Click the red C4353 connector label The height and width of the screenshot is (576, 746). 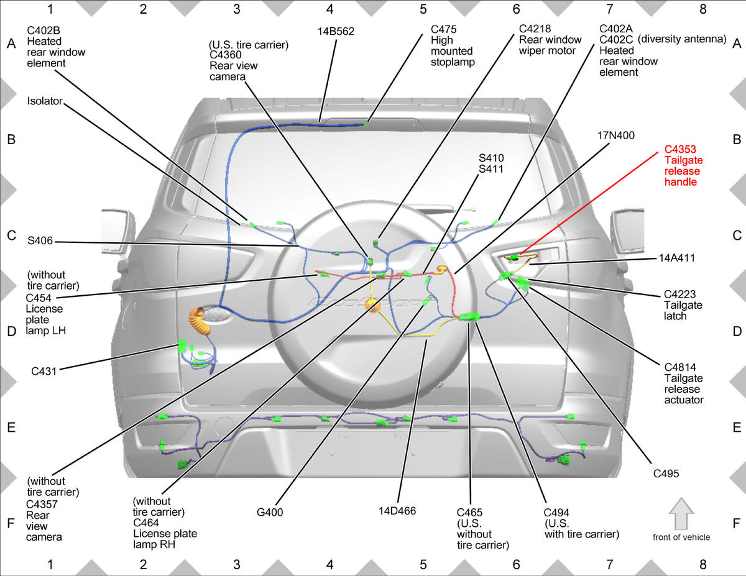click(x=681, y=150)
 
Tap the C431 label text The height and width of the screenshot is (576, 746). click(x=44, y=371)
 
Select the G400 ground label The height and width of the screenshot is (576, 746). click(x=270, y=512)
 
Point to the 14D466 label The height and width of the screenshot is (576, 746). click(x=397, y=511)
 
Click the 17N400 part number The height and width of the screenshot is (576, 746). click(x=616, y=135)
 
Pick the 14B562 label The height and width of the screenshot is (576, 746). click(x=336, y=32)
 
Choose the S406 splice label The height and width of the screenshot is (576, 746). click(x=40, y=241)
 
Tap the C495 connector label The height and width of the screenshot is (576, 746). click(x=666, y=473)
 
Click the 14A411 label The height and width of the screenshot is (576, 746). click(x=676, y=258)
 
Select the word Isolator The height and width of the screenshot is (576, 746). click(x=45, y=101)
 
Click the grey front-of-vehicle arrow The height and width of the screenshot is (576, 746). click(x=681, y=514)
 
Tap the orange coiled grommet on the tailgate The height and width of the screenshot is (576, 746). click(x=200, y=321)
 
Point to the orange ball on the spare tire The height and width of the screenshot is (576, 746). click(x=372, y=305)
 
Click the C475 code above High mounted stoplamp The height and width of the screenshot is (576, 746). click(x=443, y=29)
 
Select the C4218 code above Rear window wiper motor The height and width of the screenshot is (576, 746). click(x=535, y=29)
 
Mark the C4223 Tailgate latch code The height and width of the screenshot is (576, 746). click(x=679, y=295)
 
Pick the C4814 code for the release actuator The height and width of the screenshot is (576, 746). click(x=680, y=367)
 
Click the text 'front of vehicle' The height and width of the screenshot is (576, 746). click(x=681, y=537)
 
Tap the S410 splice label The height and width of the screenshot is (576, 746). click(x=491, y=158)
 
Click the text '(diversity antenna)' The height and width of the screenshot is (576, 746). click(x=682, y=39)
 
